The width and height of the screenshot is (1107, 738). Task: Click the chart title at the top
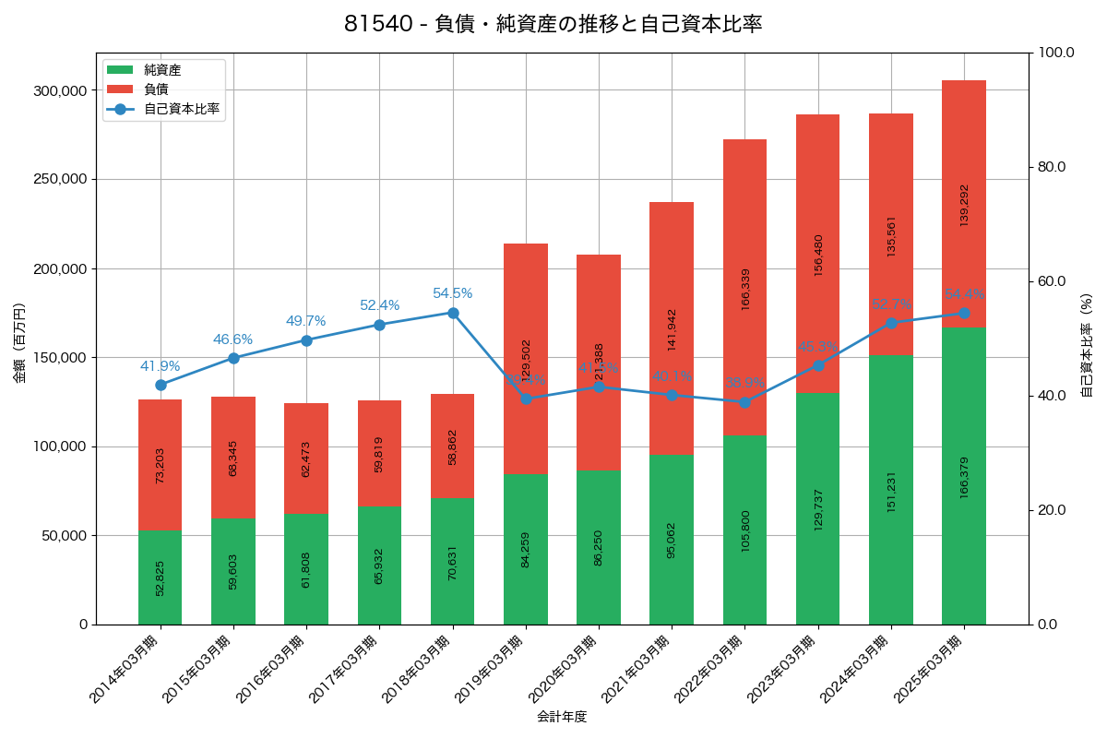(x=553, y=24)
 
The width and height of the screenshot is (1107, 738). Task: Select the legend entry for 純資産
(x=162, y=70)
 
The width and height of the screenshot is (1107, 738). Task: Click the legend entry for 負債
(x=156, y=89)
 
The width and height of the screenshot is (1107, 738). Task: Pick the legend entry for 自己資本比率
(x=181, y=109)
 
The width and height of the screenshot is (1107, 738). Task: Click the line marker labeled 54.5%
(x=453, y=313)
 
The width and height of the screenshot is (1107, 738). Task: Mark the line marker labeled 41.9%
(x=161, y=385)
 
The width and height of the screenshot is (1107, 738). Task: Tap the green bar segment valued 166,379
(x=964, y=476)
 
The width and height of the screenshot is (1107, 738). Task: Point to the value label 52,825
(x=161, y=577)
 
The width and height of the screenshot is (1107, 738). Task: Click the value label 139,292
(x=964, y=205)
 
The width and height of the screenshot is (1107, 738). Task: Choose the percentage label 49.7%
(x=305, y=321)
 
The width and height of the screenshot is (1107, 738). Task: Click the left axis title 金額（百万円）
(x=19, y=343)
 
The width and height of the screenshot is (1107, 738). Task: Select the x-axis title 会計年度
(x=562, y=716)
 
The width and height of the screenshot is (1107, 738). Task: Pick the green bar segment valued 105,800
(x=744, y=529)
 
